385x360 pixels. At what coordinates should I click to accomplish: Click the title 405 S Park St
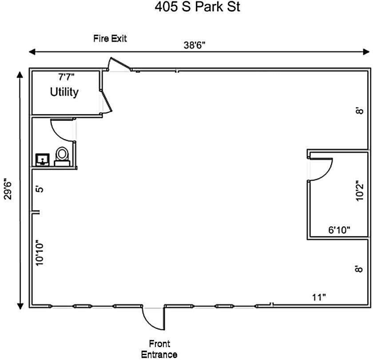198,7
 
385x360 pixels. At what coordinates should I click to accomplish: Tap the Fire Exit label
110,39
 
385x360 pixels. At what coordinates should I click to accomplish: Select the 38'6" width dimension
194,45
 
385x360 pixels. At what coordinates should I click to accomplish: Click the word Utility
64,92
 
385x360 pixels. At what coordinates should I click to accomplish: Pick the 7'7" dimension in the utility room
66,77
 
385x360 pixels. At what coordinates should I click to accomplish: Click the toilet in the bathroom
62,157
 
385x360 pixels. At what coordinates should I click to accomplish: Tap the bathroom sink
43,160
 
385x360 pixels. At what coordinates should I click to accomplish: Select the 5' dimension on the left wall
40,190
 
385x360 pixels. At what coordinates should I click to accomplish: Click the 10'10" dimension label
40,253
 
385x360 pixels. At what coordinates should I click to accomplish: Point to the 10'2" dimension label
359,191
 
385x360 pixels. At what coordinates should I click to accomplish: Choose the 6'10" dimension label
339,230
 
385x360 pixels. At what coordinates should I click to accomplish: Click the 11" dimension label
319,297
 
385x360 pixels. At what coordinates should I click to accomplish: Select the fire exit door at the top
119,64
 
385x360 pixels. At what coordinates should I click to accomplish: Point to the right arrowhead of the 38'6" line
366,52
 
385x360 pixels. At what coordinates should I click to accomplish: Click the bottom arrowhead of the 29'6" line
20,306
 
